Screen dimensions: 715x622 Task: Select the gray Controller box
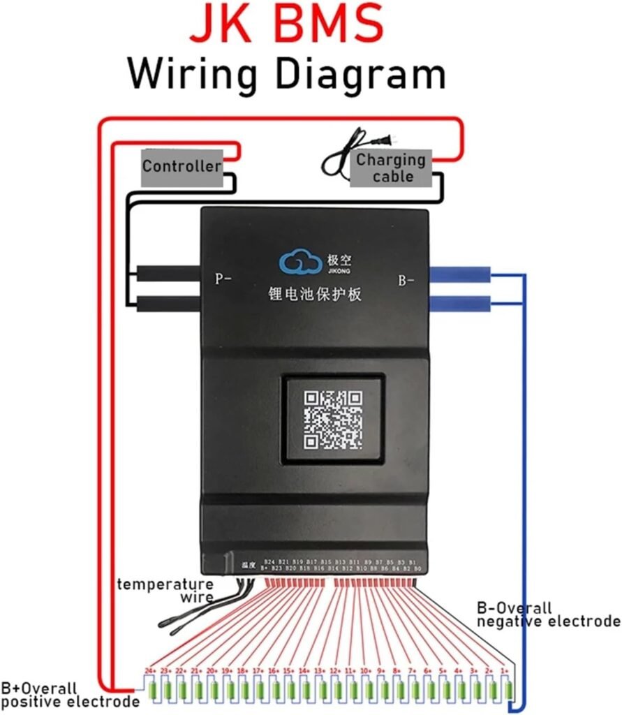pyautogui.click(x=182, y=167)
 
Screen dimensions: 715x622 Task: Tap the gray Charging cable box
pyautogui.click(x=392, y=168)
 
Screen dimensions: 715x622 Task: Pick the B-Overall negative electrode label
pyautogui.click(x=548, y=614)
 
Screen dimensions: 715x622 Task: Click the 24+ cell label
pyautogui.click(x=150, y=670)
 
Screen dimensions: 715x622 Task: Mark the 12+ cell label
pyautogui.click(x=335, y=670)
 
